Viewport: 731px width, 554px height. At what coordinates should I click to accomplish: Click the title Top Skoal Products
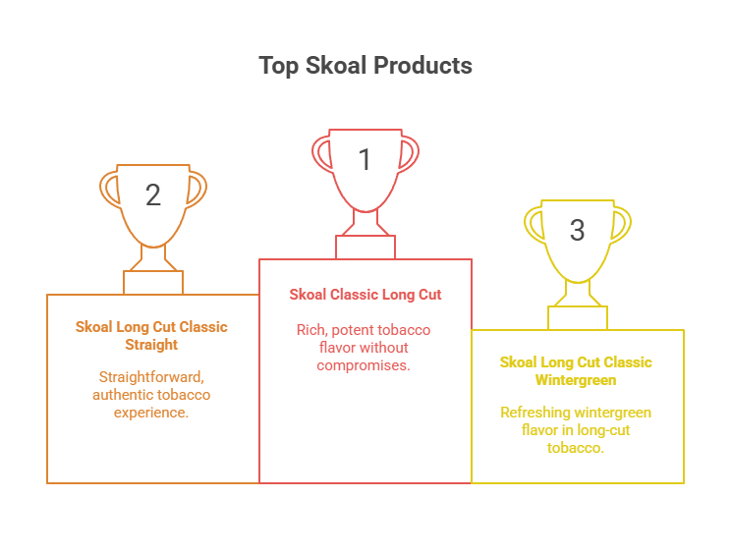click(x=365, y=66)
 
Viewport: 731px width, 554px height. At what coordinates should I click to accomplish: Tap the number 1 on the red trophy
click(x=365, y=159)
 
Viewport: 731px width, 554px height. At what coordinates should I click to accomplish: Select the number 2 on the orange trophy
click(x=153, y=194)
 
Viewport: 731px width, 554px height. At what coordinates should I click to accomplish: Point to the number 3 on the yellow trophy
click(x=577, y=230)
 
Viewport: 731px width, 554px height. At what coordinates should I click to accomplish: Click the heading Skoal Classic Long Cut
click(x=365, y=295)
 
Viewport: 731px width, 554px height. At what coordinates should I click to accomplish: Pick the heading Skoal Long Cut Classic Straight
click(x=151, y=336)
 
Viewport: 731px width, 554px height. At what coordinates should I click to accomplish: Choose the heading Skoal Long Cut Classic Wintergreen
click(x=576, y=371)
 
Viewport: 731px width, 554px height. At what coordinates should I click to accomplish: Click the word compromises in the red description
click(x=364, y=365)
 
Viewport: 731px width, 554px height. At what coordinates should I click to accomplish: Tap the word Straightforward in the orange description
click(x=151, y=376)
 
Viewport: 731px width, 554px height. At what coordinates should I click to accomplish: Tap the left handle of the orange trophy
click(x=110, y=188)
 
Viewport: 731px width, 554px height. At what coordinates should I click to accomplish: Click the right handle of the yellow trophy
click(x=621, y=223)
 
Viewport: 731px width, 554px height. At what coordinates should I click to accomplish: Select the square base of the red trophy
click(x=365, y=247)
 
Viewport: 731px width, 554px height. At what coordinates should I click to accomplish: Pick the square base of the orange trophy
click(x=153, y=282)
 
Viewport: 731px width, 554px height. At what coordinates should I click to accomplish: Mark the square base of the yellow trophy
click(x=578, y=318)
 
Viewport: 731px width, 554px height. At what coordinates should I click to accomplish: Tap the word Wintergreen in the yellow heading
click(x=576, y=380)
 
